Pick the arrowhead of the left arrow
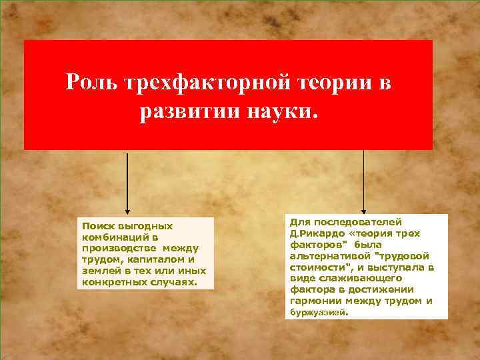click(127, 209)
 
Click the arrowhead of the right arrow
click(363, 209)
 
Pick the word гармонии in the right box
click(315, 301)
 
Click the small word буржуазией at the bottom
click(319, 311)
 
